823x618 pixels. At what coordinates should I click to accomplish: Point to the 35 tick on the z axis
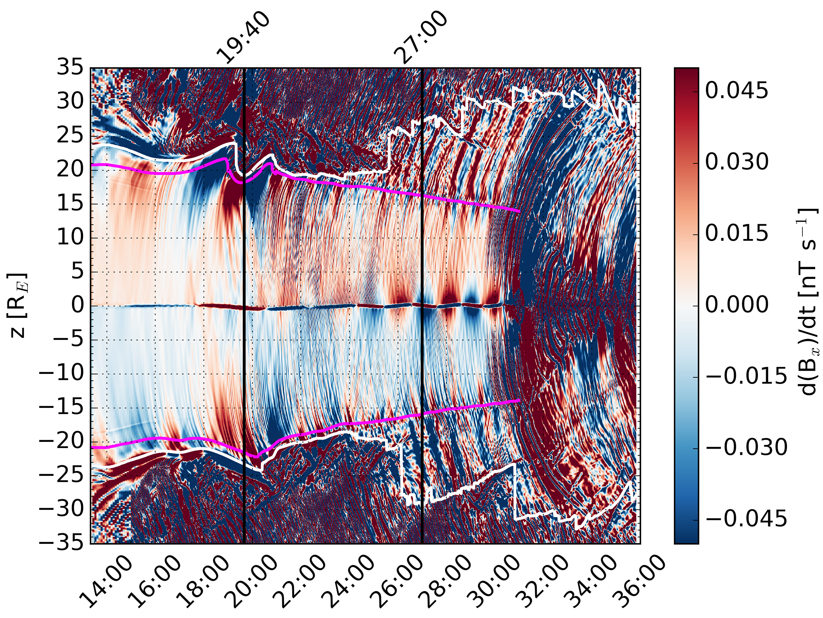tap(70, 69)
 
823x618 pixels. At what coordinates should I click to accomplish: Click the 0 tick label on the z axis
tap(78, 306)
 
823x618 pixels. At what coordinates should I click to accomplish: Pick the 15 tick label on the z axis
tap(70, 204)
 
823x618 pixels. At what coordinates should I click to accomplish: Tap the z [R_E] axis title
tap(17, 306)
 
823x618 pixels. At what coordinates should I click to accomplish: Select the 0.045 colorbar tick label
tap(737, 91)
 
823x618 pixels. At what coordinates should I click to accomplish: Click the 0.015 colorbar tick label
tap(737, 233)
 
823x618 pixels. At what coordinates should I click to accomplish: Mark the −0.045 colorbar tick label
tap(746, 518)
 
